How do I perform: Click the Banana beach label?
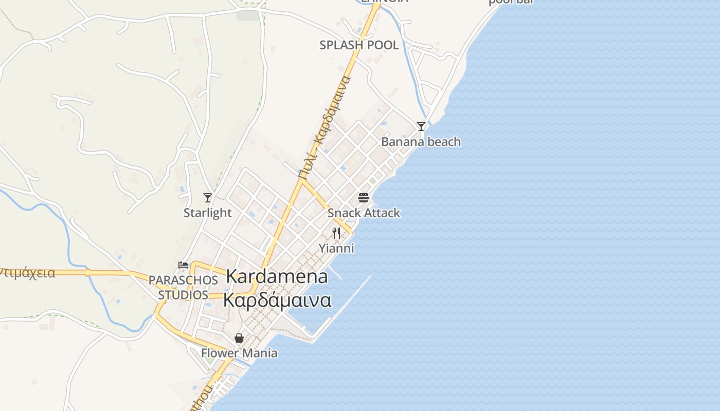(421, 142)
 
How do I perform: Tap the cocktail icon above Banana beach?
(421, 126)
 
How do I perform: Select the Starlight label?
(208, 213)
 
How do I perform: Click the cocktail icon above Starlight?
(208, 197)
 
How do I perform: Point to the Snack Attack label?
(364, 213)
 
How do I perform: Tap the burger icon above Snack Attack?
(364, 198)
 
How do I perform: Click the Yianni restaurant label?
(336, 249)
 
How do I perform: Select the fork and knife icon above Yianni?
(336, 233)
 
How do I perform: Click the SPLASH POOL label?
(359, 45)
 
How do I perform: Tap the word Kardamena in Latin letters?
(277, 276)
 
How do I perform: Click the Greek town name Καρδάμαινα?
(277, 300)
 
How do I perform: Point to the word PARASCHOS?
(183, 281)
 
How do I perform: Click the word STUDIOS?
(183, 295)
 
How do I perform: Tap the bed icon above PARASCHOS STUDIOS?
(183, 265)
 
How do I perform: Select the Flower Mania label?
(239, 353)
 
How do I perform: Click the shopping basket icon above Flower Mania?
(239, 338)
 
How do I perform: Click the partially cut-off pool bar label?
(510, 2)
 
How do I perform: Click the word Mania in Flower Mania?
(260, 353)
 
